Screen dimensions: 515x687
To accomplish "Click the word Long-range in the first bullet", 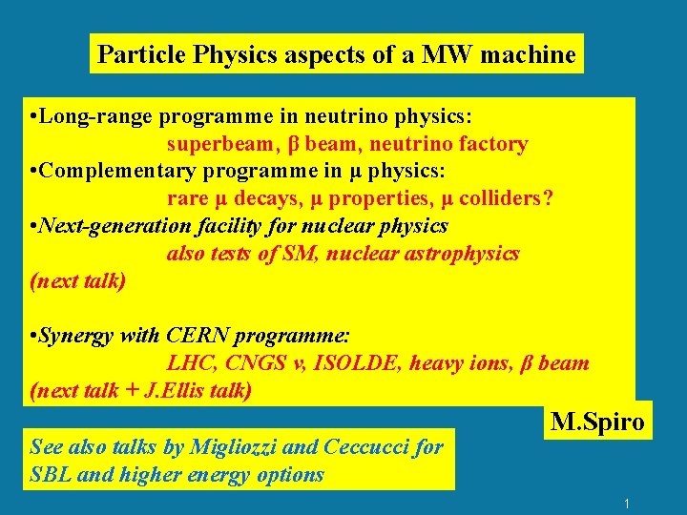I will pyautogui.click(x=98, y=116).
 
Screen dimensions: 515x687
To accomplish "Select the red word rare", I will pyautogui.click(x=188, y=199).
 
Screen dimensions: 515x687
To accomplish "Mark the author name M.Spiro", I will pyautogui.click(x=598, y=422).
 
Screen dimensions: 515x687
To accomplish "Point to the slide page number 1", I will pyautogui.click(x=626, y=503).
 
